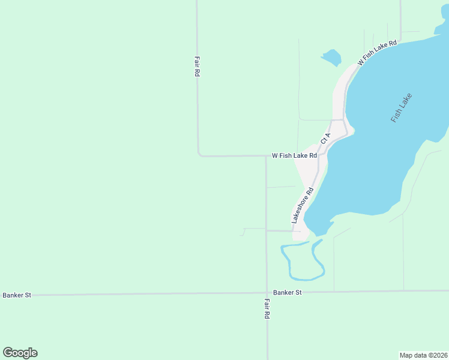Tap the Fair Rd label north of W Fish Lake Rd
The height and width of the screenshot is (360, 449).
196,66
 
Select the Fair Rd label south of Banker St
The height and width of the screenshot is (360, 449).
267,308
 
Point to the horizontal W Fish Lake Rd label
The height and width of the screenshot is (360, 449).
294,155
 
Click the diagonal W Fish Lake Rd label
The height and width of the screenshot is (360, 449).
377,53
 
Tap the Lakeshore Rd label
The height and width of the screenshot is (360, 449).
303,206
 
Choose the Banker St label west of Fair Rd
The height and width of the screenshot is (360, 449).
17,295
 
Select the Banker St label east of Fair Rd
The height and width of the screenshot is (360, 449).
287,292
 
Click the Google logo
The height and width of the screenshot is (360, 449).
20,353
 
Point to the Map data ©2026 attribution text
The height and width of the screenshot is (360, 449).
424,355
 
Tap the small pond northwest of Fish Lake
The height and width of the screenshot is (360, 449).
331,58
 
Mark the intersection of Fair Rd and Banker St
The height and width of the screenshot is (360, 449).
267,293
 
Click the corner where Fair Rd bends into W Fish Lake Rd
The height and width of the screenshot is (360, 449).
199,155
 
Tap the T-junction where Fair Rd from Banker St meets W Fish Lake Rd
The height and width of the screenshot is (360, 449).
266,156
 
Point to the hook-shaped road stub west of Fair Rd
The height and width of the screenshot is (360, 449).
243,231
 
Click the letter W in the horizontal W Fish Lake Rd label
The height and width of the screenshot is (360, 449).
275,155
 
